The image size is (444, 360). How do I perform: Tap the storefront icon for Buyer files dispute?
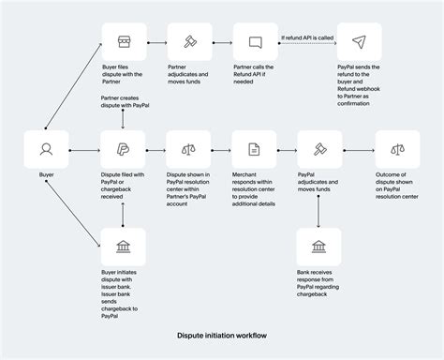click(x=121, y=43)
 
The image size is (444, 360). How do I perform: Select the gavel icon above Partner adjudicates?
click(x=187, y=43)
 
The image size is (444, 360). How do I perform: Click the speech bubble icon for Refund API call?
click(x=254, y=43)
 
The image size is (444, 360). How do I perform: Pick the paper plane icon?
click(x=359, y=43)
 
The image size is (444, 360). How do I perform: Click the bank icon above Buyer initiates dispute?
click(x=121, y=247)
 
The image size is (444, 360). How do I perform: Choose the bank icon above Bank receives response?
click(x=319, y=247)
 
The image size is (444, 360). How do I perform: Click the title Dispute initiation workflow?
click(x=221, y=334)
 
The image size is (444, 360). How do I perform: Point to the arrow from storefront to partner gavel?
click(x=154, y=43)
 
